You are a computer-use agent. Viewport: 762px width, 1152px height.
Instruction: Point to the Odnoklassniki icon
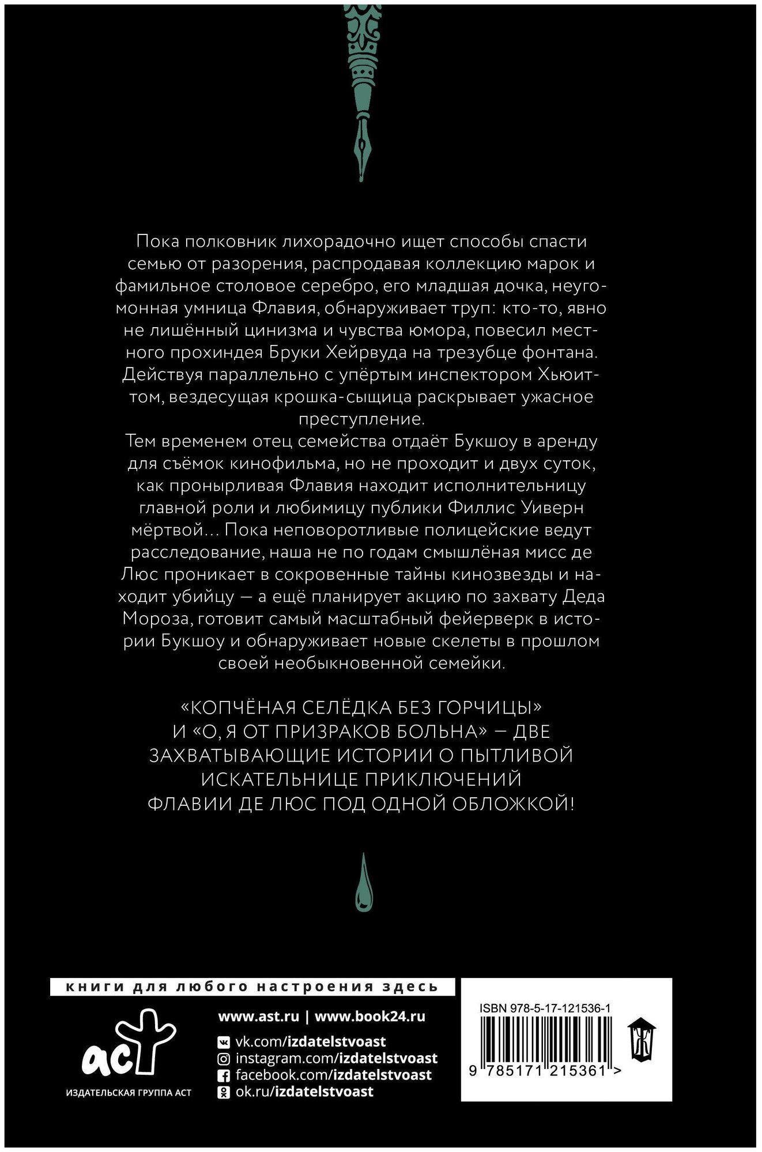224,1092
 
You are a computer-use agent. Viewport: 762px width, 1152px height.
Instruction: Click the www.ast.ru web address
258,1017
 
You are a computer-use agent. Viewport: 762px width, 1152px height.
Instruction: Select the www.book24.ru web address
369,1017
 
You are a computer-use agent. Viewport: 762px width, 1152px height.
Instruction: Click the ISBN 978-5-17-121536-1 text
545,1008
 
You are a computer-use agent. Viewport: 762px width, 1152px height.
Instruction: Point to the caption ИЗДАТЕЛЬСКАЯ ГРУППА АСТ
129,1092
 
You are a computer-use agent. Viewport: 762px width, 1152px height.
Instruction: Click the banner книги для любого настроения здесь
252,987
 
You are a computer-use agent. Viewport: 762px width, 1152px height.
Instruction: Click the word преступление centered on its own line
361,419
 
